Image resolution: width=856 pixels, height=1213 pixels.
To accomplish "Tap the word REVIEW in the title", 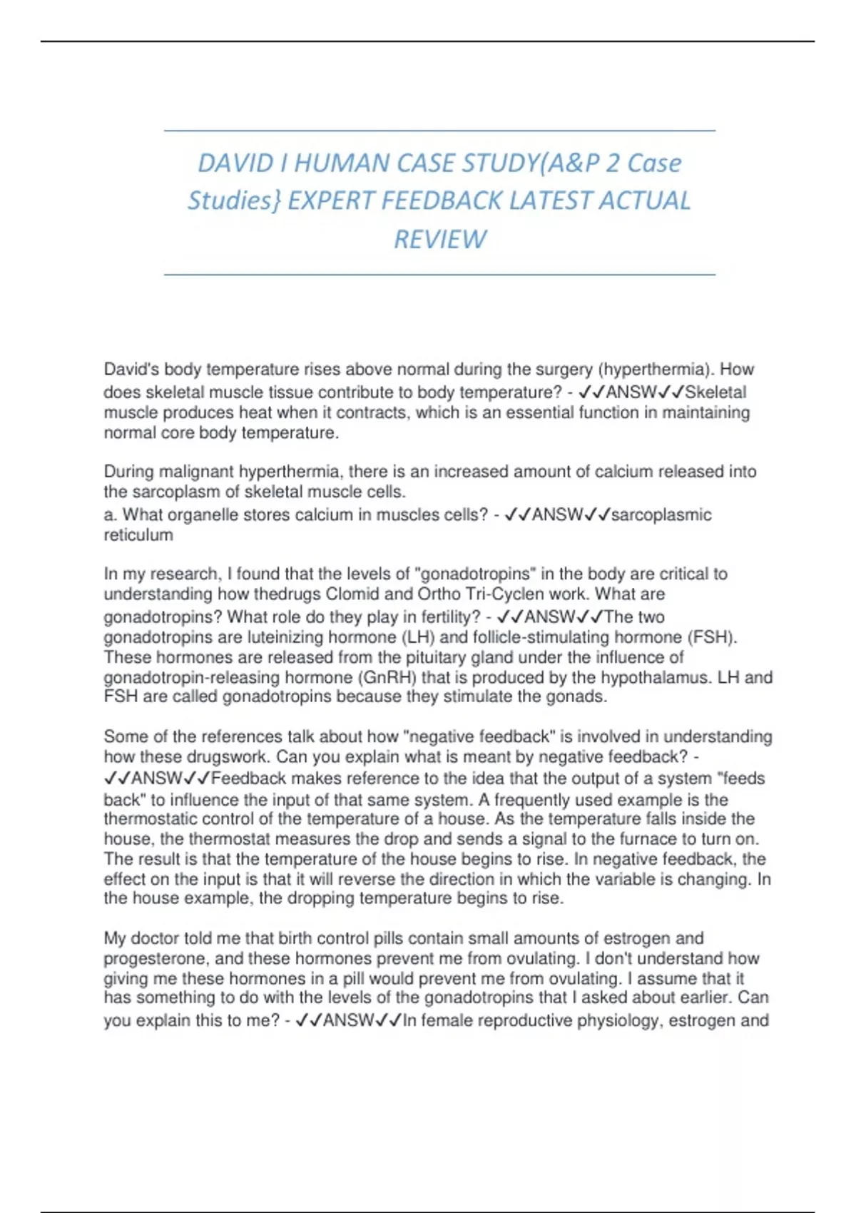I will tap(440, 239).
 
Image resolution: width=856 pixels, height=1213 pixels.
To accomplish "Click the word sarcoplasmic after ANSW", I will tap(661, 515).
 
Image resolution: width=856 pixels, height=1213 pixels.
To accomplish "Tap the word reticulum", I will tap(138, 535).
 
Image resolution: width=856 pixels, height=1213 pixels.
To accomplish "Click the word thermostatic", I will tap(149, 819).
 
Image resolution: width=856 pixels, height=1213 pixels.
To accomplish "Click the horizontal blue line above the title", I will tap(439, 131).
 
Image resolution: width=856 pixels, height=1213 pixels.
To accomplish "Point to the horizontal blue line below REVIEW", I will tap(439, 274).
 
